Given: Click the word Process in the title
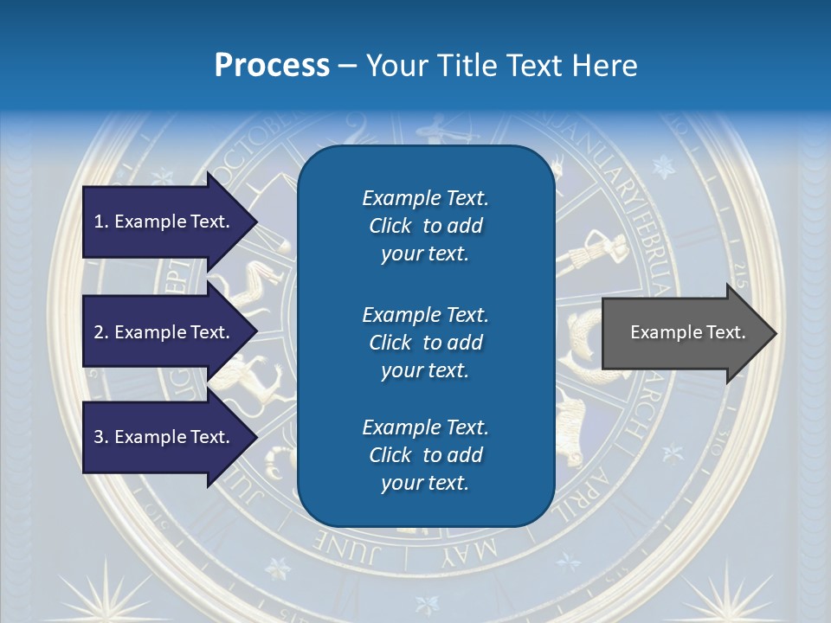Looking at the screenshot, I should [x=272, y=66].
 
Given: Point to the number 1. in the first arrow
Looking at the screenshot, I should [x=101, y=222].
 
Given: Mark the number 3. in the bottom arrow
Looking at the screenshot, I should [x=101, y=437].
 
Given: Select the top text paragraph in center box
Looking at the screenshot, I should [x=425, y=226].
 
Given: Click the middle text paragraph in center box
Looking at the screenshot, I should [x=425, y=343].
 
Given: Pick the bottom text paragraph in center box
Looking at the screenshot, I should [x=425, y=455].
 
